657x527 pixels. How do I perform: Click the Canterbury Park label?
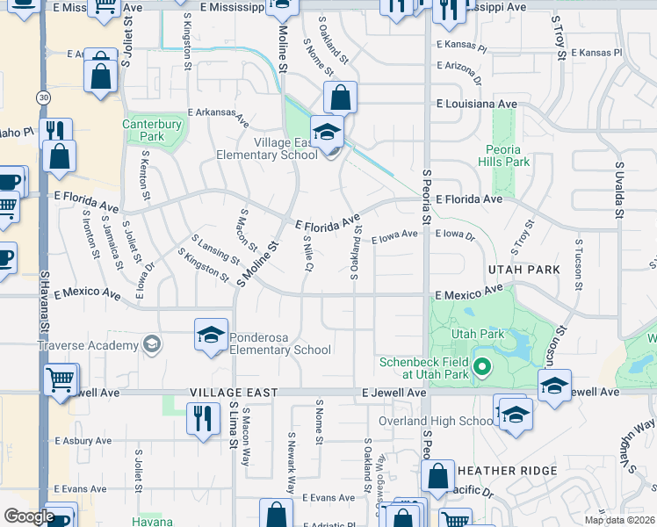pyautogui.click(x=143, y=131)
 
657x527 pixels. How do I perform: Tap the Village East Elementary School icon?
pyautogui.click(x=328, y=134)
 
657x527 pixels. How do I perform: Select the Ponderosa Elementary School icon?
pyautogui.click(x=211, y=336)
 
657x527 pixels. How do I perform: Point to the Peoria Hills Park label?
pyautogui.click(x=506, y=155)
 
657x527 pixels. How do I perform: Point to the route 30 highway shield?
pyautogui.click(x=42, y=97)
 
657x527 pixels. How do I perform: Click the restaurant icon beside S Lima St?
pyautogui.click(x=203, y=416)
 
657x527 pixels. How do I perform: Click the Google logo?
pyautogui.click(x=28, y=516)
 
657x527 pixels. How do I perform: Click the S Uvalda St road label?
pyautogui.click(x=619, y=189)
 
